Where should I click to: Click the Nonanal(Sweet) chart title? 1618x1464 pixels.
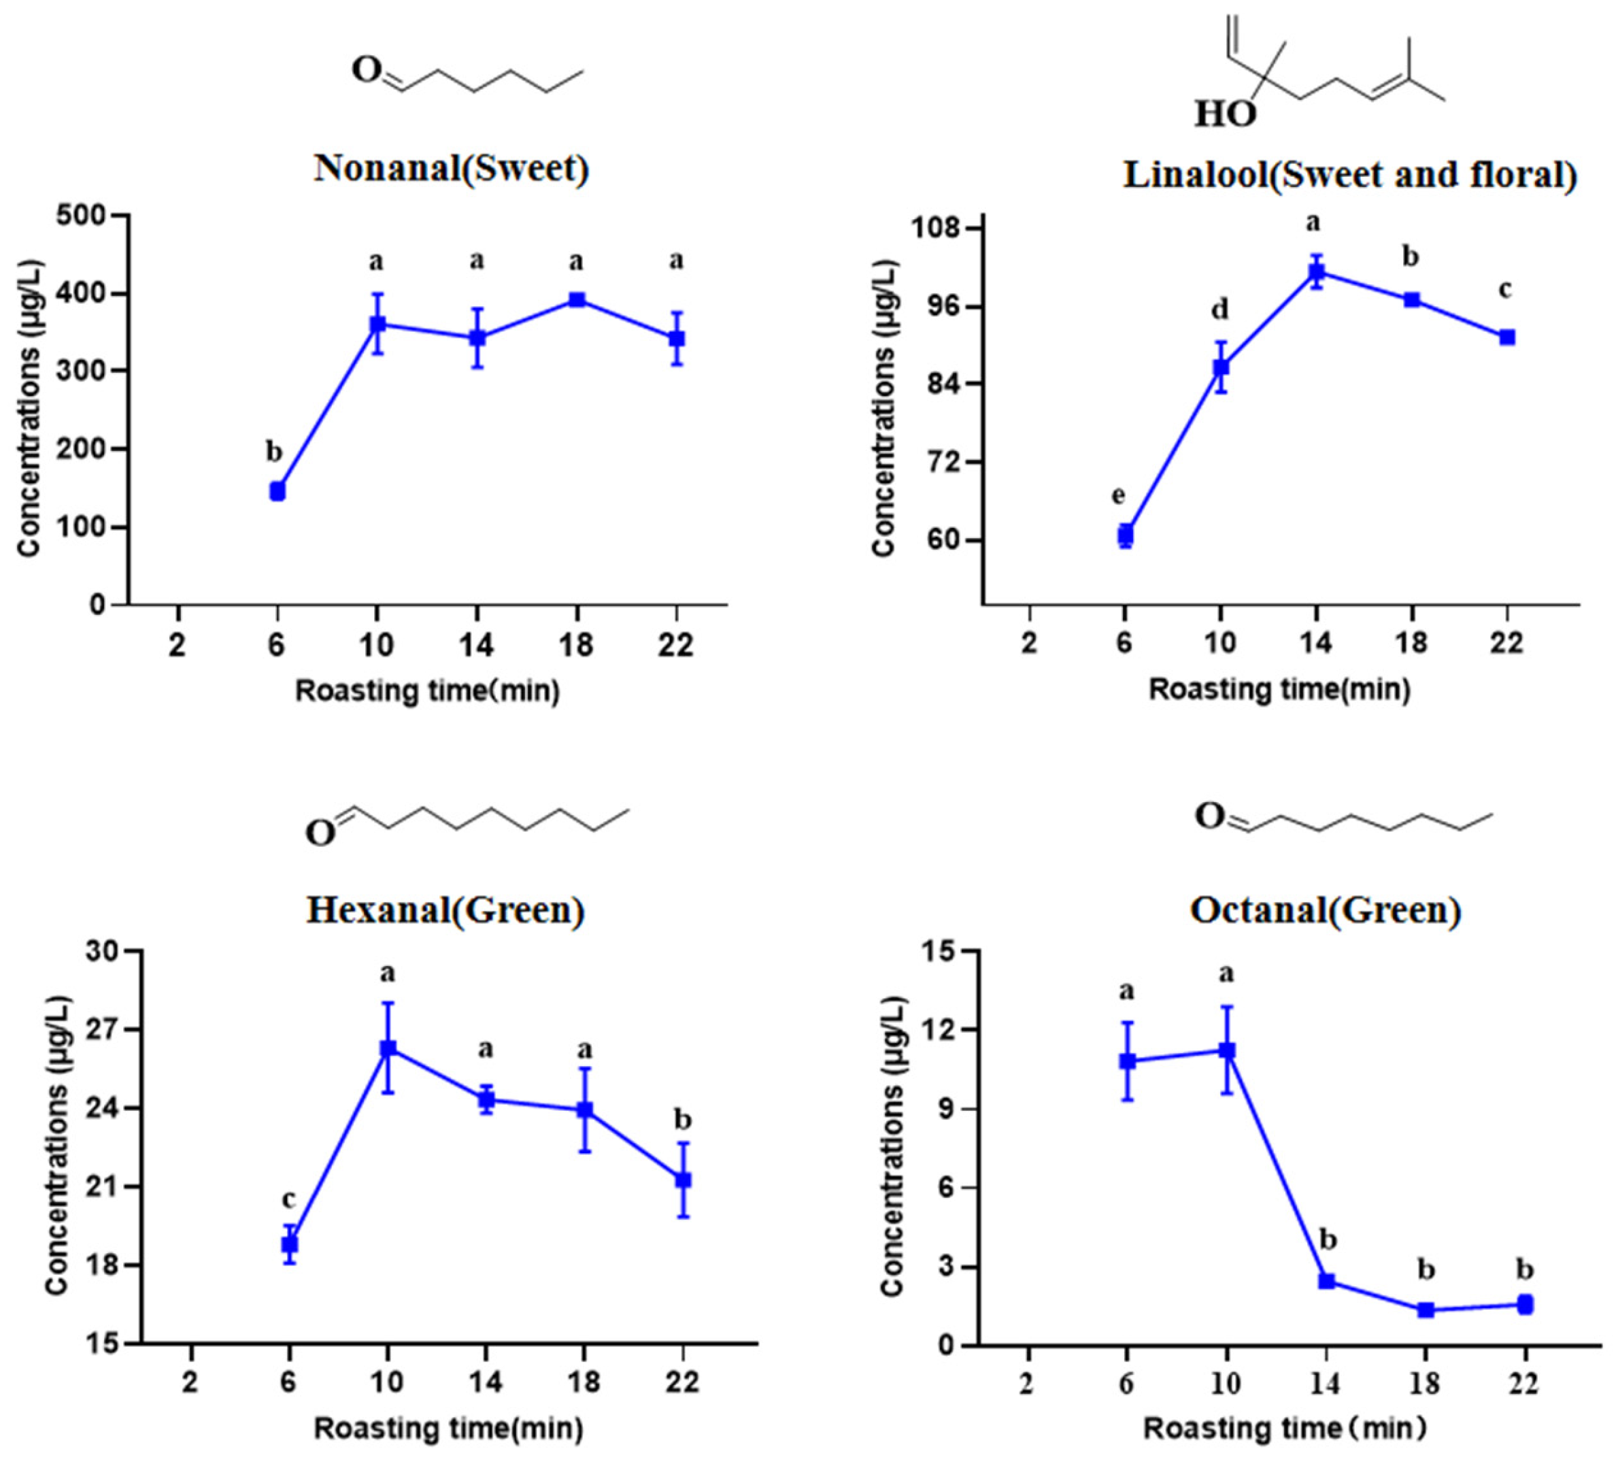(x=451, y=169)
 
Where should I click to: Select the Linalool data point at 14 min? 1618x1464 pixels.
(x=1316, y=271)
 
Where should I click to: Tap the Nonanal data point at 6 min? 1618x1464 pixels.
(x=277, y=491)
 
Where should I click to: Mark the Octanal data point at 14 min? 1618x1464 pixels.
(x=1327, y=1282)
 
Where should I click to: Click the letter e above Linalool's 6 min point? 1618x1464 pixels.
(x=1118, y=495)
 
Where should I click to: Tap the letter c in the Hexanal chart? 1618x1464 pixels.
(x=288, y=1199)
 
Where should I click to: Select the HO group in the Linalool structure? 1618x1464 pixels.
(x=1225, y=114)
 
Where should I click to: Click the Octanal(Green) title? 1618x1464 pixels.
(x=1325, y=910)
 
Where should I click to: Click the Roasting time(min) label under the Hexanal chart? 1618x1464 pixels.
(x=448, y=1429)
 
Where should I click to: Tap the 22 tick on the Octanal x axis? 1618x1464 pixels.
(x=1524, y=1383)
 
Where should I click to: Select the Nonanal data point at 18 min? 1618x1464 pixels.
(x=576, y=300)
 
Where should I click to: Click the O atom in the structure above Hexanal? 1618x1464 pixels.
(x=320, y=834)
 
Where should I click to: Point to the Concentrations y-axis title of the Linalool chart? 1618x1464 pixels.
(x=883, y=407)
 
